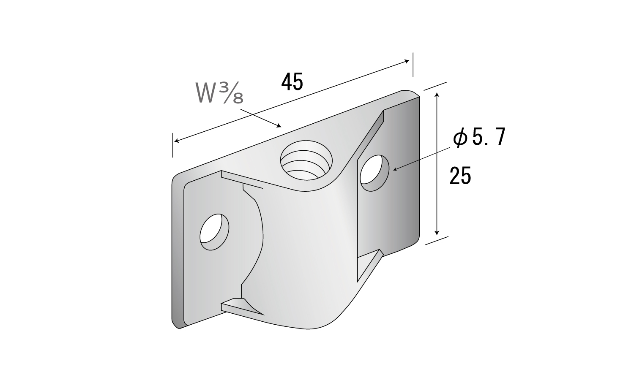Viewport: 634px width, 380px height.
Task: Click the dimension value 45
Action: pyautogui.click(x=292, y=82)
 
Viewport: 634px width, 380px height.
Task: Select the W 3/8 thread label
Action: pyautogui.click(x=219, y=93)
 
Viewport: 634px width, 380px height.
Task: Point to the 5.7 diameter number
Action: pyautogui.click(x=489, y=137)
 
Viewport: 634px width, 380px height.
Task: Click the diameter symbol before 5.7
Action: pyautogui.click(x=461, y=137)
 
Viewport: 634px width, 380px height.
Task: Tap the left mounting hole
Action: pyautogui.click(x=214, y=232)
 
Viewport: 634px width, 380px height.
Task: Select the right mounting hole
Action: pyautogui.click(x=374, y=173)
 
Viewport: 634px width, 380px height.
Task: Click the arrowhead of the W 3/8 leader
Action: pyautogui.click(x=279, y=126)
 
